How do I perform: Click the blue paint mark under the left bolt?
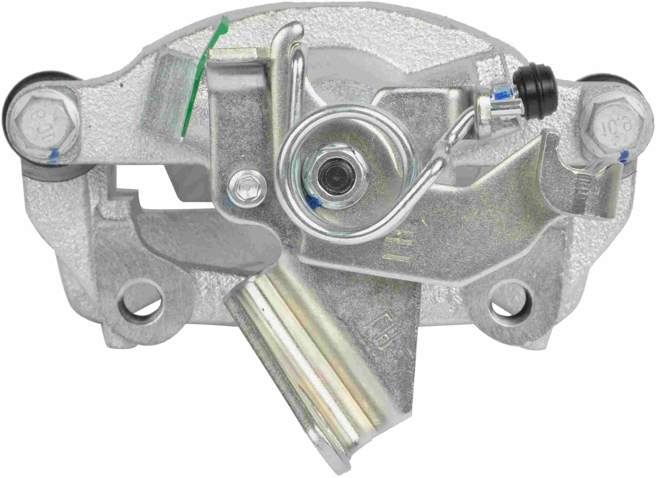54,153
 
